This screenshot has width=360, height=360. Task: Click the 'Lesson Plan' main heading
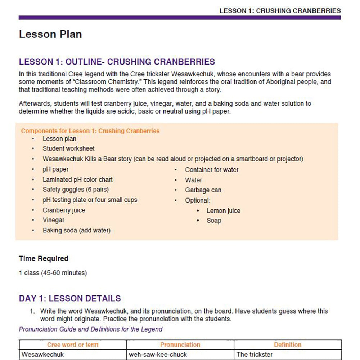coord(50,34)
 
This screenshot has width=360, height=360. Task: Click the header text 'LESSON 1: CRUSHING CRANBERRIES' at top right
coord(280,10)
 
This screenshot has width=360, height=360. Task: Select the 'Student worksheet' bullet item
coord(68,148)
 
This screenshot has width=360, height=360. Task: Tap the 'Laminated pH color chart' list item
coord(77,179)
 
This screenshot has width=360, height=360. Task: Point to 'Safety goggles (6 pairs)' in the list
coord(75,190)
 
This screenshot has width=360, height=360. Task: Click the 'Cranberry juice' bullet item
coord(64,210)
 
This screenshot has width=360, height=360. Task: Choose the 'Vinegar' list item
coord(54,220)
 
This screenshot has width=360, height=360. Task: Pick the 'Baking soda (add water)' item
coord(76,230)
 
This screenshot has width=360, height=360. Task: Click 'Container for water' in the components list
coord(212,170)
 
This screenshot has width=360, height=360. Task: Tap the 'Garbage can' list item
coord(203,190)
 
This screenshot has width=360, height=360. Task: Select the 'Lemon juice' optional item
coord(223,211)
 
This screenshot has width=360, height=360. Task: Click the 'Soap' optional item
coord(214,220)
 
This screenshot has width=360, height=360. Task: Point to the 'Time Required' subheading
coord(44,258)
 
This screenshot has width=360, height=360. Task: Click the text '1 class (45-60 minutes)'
coord(53,273)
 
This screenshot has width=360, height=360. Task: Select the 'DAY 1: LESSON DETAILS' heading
coord(70,298)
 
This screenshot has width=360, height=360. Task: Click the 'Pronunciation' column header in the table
coord(180,345)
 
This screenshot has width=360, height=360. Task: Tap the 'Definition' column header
coord(288,345)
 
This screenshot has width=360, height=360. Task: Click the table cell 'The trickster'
coord(255,355)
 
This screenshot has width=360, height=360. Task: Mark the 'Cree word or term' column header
coord(73,345)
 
